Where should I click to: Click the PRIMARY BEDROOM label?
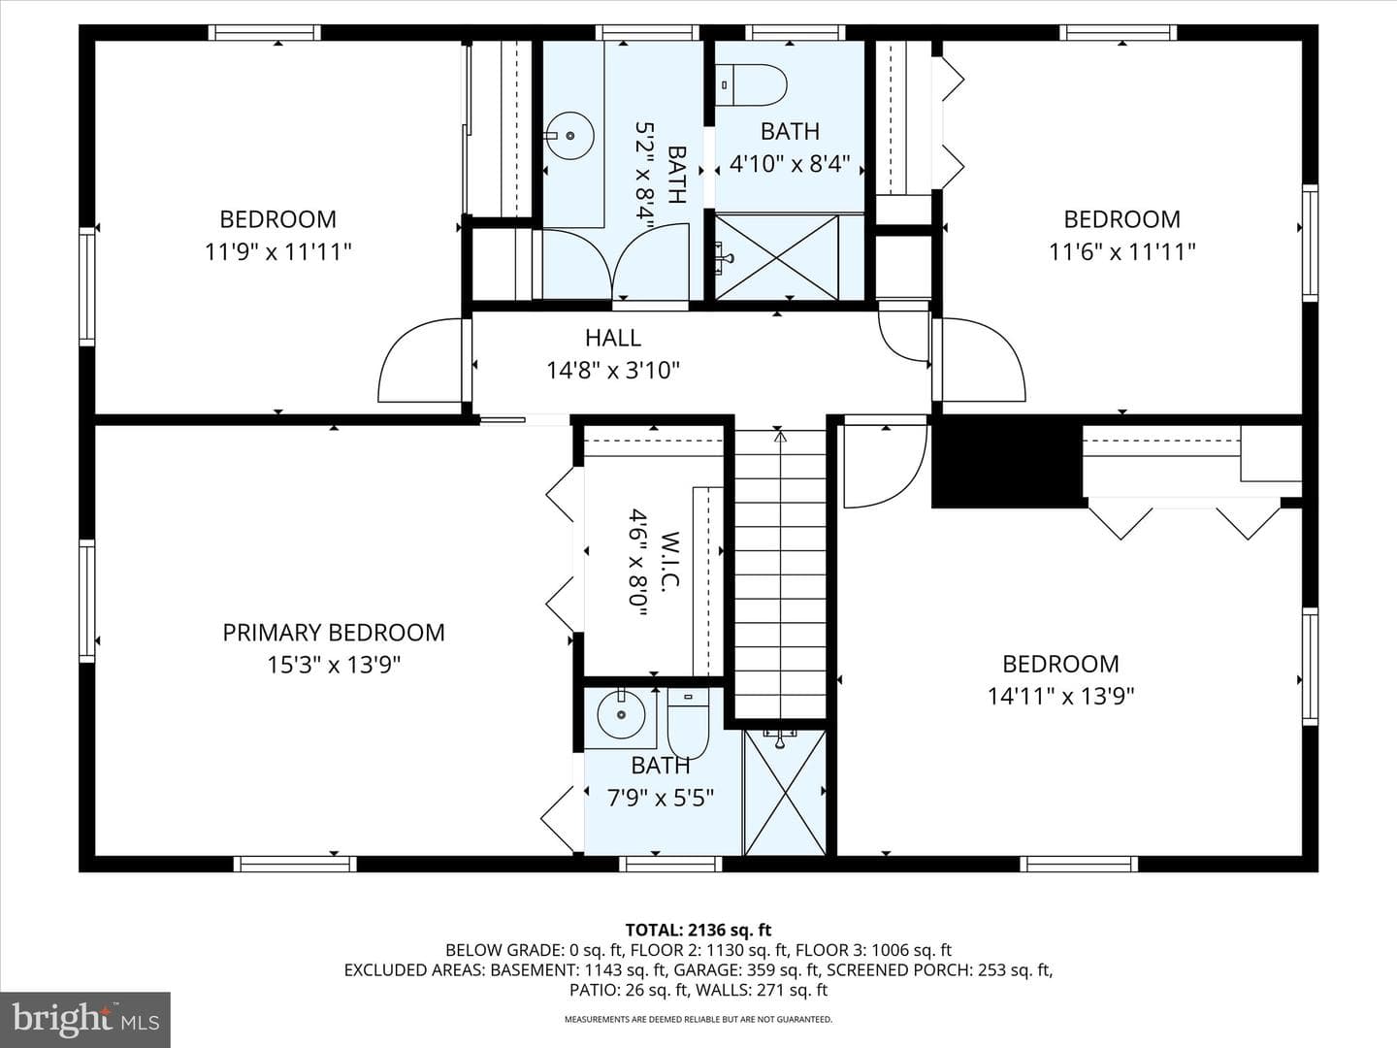(334, 633)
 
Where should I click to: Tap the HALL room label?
(613, 338)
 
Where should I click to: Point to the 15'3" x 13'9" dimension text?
(334, 665)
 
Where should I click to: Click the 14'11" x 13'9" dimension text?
(1060, 696)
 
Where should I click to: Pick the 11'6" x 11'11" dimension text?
(1122, 252)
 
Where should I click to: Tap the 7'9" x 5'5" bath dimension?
(660, 798)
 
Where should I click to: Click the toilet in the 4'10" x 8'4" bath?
(752, 84)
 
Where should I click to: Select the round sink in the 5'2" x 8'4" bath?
(569, 136)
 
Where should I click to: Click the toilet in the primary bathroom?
(688, 724)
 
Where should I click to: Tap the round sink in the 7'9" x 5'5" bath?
(621, 714)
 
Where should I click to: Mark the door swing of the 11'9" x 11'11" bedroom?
(421, 360)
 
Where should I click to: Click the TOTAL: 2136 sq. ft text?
(698, 931)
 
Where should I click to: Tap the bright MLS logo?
(85, 1020)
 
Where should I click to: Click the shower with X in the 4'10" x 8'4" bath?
(777, 257)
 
